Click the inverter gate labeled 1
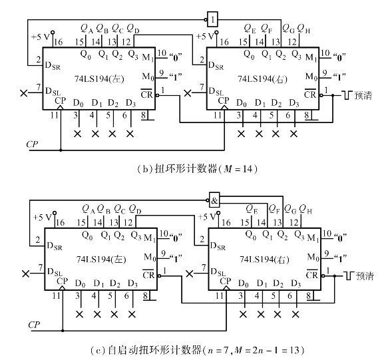pyautogui.click(x=213, y=19)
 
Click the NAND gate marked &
pyautogui.click(x=214, y=200)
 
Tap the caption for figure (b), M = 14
pyautogui.click(x=197, y=169)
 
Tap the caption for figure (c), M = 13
pyautogui.click(x=197, y=350)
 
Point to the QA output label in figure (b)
pyautogui.click(x=87, y=28)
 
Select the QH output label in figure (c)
pyautogui.click(x=305, y=210)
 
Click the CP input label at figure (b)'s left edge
pyautogui.click(x=32, y=144)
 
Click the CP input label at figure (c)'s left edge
pyautogui.click(x=34, y=325)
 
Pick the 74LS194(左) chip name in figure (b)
pyautogui.click(x=99, y=79)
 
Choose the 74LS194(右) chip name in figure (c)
pyautogui.click(x=264, y=260)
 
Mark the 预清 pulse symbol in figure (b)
pyautogui.click(x=347, y=95)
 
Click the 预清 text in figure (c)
pyautogui.click(x=365, y=275)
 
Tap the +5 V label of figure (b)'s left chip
pyautogui.click(x=41, y=37)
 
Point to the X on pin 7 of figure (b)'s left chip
pyautogui.click(x=24, y=93)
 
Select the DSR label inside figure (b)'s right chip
pyautogui.click(x=216, y=66)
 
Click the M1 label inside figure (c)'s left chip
pyautogui.click(x=150, y=238)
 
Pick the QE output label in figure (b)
pyautogui.click(x=250, y=28)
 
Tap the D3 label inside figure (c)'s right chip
pyautogui.click(x=296, y=283)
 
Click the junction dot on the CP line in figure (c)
pyautogui.click(x=63, y=331)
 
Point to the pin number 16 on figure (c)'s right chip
pyautogui.click(x=226, y=222)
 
